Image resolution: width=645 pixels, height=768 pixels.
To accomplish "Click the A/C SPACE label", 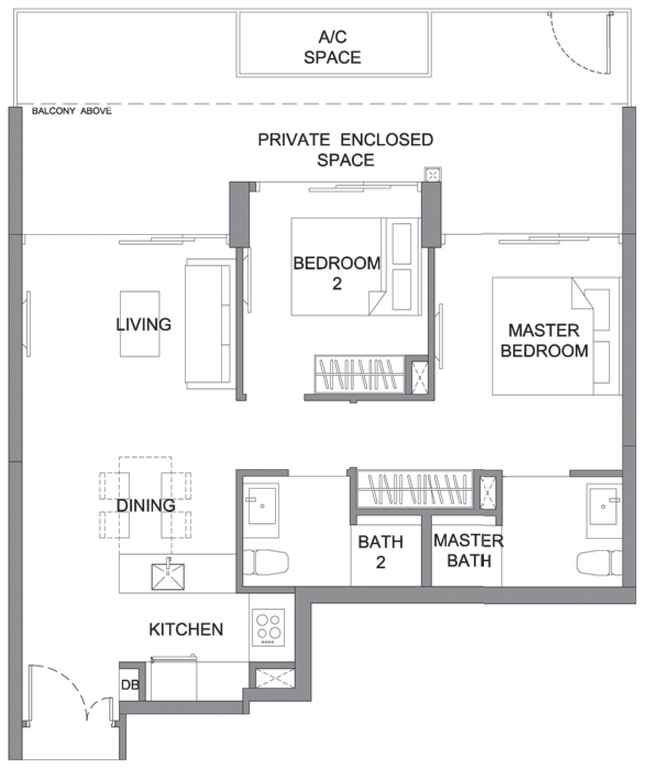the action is point(333,47).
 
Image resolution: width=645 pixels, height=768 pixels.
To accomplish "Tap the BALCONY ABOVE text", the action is point(71,111).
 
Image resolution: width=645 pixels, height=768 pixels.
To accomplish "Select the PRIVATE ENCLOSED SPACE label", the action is point(345,150).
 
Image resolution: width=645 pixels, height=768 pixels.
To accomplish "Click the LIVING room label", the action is point(144,324).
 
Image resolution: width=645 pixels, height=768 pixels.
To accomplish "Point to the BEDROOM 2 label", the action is point(337,273).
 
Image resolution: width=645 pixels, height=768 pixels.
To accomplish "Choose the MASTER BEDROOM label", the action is point(544,341).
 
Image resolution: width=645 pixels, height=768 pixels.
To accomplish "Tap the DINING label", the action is point(146,506).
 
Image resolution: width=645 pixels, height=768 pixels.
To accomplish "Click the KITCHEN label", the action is point(186,629).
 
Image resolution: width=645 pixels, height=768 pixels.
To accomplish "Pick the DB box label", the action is point(130,684).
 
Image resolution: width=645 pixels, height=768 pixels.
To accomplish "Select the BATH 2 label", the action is point(381,552).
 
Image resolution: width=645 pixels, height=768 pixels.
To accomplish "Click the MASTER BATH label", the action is point(468,551).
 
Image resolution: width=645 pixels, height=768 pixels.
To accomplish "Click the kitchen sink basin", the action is point(168,576).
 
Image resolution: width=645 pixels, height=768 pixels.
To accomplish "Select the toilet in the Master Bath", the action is point(599,563).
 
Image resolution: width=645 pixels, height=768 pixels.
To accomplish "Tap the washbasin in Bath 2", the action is point(262,506).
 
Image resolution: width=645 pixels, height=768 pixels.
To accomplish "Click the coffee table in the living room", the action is point(140,324).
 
